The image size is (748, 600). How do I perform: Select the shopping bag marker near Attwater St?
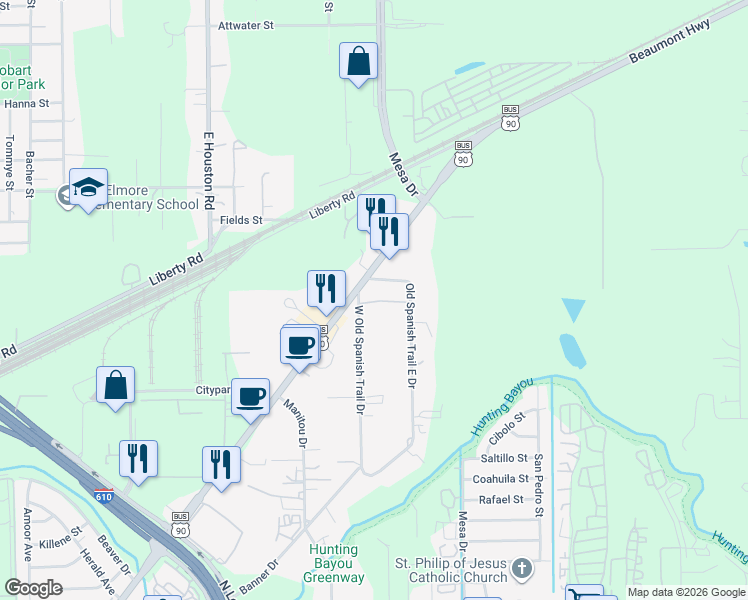(358, 62)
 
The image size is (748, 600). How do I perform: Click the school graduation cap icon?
(88, 187)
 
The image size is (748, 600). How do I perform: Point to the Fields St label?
(242, 220)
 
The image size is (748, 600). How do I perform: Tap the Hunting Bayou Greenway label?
(334, 564)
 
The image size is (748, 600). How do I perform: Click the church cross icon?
(520, 570)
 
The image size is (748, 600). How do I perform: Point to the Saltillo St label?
(503, 457)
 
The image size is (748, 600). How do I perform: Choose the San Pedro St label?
(538, 486)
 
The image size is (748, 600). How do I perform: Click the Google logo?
(34, 587)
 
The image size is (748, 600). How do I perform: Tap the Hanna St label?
(27, 103)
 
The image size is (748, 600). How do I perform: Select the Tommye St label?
(8, 162)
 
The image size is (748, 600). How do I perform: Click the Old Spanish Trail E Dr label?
(410, 335)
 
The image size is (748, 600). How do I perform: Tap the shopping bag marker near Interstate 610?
(115, 386)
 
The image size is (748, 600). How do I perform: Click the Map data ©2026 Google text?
(685, 592)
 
